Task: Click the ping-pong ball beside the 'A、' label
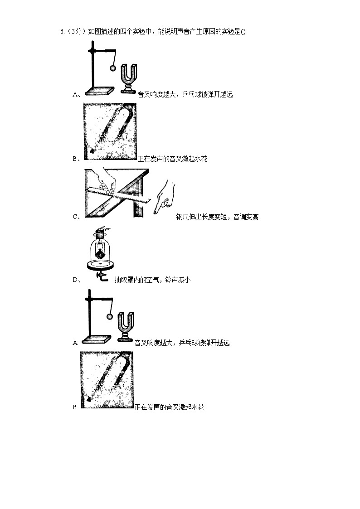point(112,68)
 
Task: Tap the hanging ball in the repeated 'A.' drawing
point(109,317)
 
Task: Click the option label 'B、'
point(76,159)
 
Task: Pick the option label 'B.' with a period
point(75,407)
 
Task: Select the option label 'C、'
point(76,217)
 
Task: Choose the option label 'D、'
point(76,280)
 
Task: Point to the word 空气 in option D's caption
point(151,280)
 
